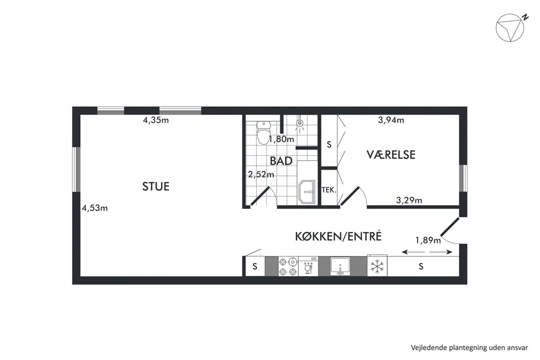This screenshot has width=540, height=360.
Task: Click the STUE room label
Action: click(156, 186)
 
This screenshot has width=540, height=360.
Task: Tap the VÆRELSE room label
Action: click(391, 155)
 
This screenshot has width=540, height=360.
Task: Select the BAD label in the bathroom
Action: click(281, 161)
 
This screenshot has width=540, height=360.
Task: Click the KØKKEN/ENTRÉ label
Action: click(338, 237)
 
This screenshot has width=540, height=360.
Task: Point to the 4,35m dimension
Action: click(156, 120)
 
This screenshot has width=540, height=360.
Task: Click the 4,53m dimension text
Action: click(95, 208)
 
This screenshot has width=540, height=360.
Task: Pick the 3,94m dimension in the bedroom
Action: click(391, 120)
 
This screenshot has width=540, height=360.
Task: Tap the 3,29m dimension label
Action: click(409, 200)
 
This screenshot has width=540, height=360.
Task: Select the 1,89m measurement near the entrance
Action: click(428, 240)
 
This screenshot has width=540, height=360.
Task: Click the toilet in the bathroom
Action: click(264, 132)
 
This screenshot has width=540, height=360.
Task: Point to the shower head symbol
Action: click(300, 123)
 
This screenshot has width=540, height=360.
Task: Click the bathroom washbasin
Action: click(307, 192)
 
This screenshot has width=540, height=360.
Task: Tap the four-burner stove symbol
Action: click(288, 266)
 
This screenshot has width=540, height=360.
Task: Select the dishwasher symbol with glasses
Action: click(308, 266)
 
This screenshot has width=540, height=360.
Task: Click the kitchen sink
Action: click(340, 266)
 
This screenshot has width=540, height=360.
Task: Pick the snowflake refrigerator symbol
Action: click(377, 266)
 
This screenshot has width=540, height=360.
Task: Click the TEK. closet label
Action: click(329, 189)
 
